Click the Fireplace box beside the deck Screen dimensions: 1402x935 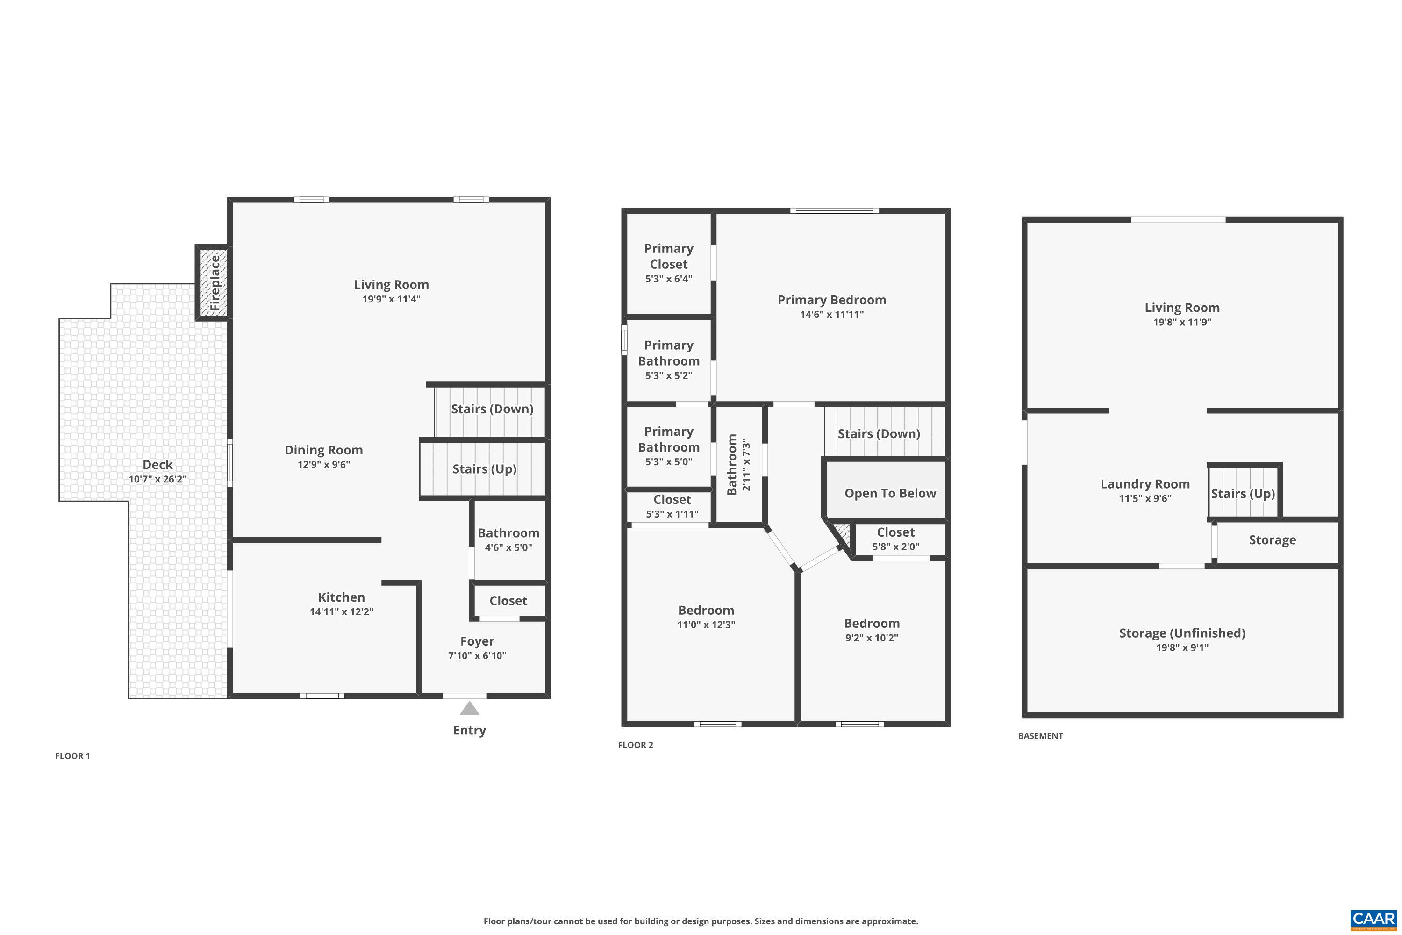213,282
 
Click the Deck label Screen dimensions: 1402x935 157,465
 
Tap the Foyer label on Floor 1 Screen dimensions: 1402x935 477,641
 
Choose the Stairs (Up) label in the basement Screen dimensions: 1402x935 1243,494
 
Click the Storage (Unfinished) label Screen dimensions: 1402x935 1182,633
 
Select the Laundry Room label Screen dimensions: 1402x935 1145,484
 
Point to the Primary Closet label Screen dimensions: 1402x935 669,256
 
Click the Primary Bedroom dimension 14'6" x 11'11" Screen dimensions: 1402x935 831,315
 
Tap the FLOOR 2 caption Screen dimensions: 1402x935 636,745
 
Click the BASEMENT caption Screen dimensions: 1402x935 1040,736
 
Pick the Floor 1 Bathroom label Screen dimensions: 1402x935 508,533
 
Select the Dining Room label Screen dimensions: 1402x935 324,450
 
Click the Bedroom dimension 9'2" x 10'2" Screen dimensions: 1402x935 872,638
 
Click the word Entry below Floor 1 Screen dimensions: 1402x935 470,730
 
